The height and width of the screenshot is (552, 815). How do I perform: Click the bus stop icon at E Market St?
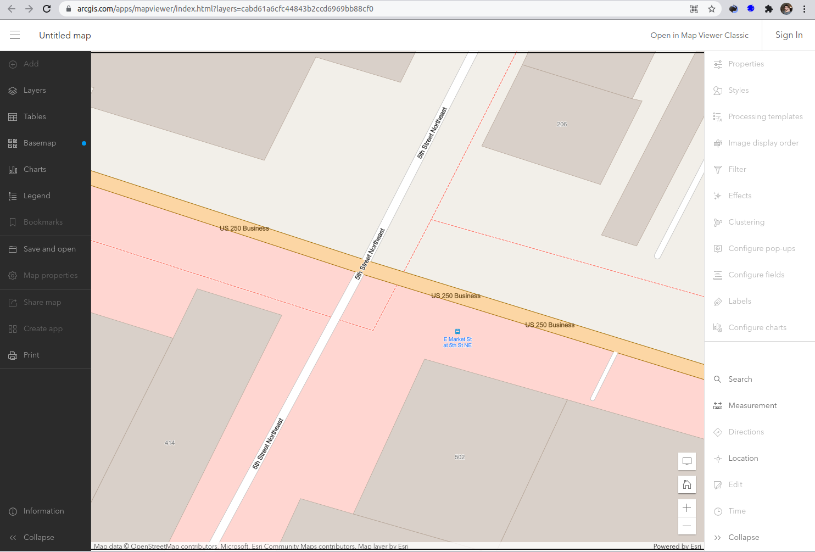[457, 332]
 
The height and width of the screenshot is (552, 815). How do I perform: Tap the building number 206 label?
[562, 124]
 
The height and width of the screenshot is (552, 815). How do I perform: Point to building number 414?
[170, 443]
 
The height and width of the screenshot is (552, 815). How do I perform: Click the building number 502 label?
[460, 457]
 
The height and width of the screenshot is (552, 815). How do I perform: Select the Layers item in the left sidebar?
[35, 90]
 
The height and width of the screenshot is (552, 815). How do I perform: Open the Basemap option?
[40, 143]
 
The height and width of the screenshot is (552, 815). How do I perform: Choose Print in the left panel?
[31, 355]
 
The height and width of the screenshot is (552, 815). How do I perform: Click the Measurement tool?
[752, 405]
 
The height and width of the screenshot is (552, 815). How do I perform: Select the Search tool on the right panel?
[740, 379]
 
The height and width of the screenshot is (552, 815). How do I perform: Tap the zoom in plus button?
[687, 508]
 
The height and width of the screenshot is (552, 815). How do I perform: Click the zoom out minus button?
[687, 526]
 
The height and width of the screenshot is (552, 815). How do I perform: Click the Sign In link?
[789, 35]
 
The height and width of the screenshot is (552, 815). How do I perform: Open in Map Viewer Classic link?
[699, 35]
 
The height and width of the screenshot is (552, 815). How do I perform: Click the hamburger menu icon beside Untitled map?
[15, 35]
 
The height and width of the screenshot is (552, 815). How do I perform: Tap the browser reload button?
[47, 9]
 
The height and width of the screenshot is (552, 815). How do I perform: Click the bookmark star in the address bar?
[712, 9]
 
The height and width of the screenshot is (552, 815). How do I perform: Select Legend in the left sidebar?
[37, 196]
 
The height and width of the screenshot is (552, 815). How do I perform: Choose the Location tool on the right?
[743, 458]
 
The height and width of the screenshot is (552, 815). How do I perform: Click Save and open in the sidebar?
[49, 249]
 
